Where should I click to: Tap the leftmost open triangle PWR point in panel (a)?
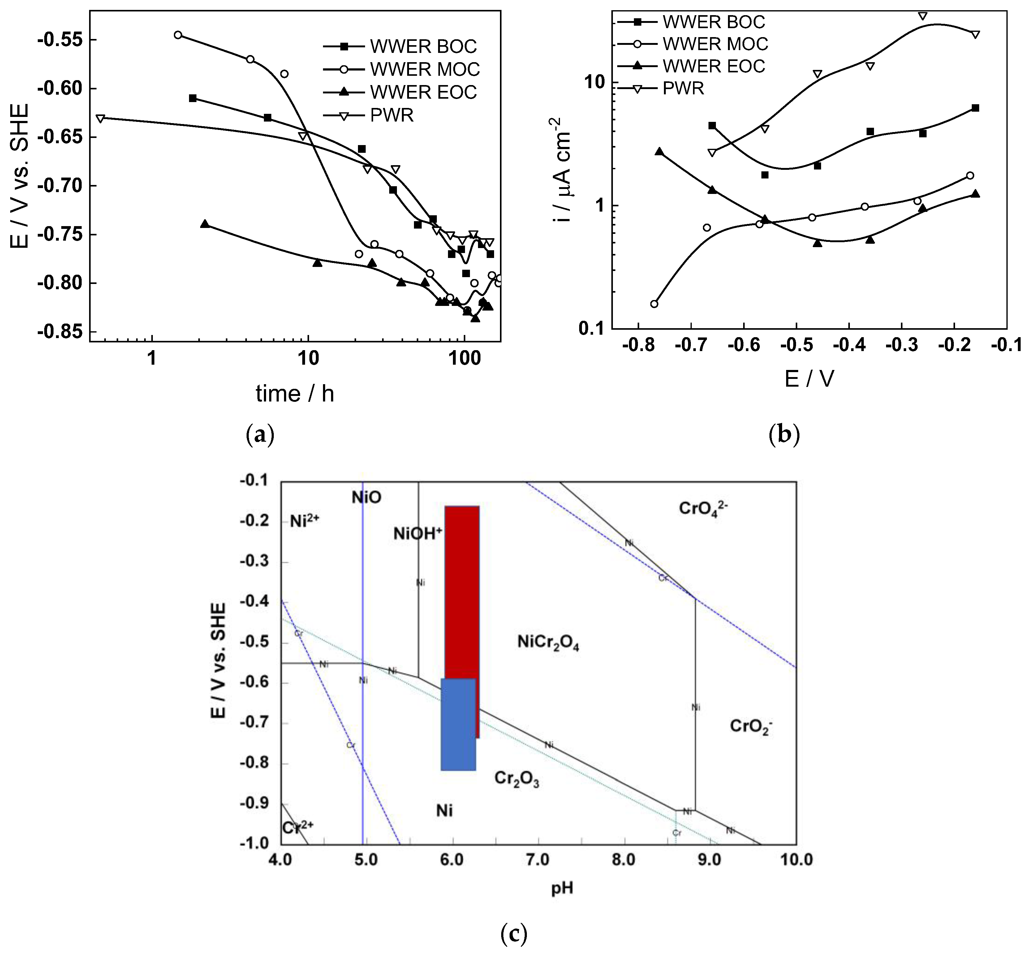[101, 118]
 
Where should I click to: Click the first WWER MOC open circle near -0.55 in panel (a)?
[178, 35]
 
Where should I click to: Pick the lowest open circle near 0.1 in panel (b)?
[654, 304]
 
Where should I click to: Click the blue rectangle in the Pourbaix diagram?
[458, 724]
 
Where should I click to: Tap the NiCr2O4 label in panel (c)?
[548, 642]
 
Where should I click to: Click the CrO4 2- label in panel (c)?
[703, 508]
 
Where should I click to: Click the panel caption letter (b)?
[784, 435]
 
